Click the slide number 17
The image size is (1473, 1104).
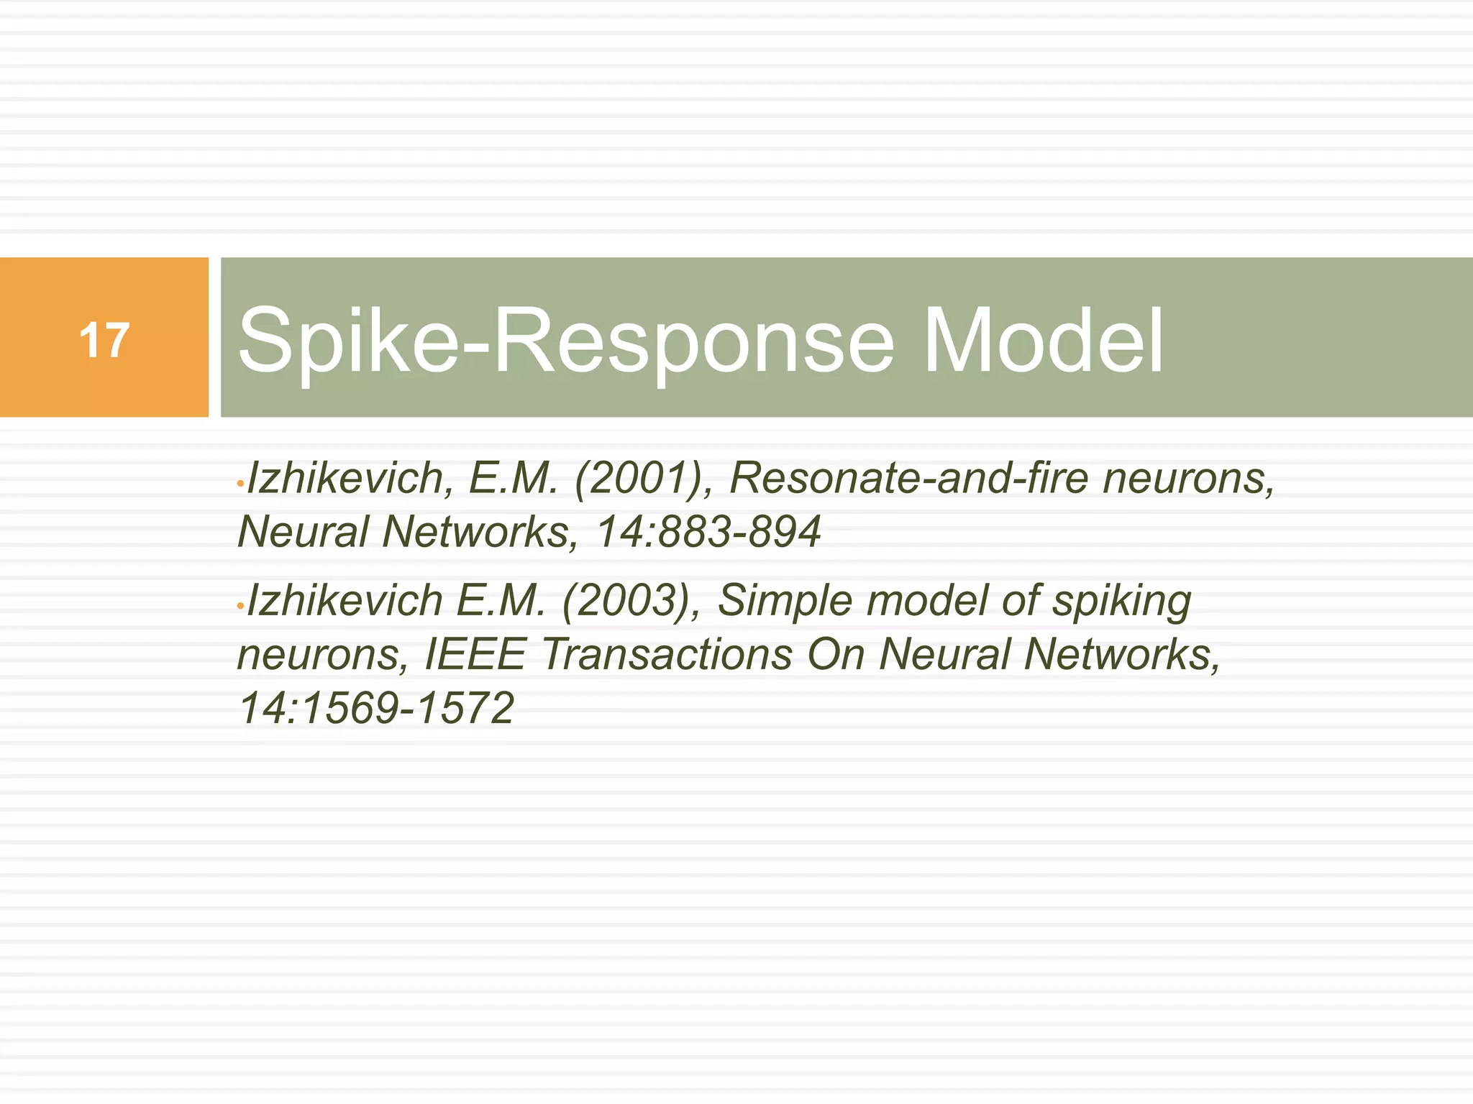(104, 340)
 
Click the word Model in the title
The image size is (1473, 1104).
(1042, 340)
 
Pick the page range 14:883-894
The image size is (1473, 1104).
(708, 532)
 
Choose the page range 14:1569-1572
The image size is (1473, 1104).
(376, 708)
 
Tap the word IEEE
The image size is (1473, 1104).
(475, 654)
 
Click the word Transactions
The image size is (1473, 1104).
(667, 654)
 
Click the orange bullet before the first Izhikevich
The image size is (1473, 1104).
(240, 485)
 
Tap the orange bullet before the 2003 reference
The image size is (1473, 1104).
(240, 607)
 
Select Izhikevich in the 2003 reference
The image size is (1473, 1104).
(345, 600)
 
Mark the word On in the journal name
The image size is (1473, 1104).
(836, 654)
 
